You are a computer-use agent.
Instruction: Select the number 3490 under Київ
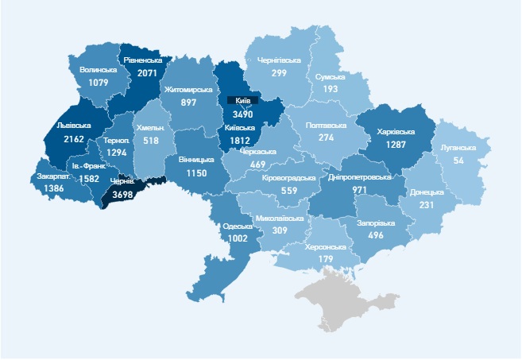[243, 115]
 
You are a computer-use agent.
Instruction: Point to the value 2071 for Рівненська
[143, 72]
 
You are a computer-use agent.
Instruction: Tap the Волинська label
[99, 70]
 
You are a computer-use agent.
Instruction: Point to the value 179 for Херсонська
[325, 259]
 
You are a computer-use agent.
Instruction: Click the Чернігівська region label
[278, 60]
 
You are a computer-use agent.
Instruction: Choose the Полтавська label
[324, 126]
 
